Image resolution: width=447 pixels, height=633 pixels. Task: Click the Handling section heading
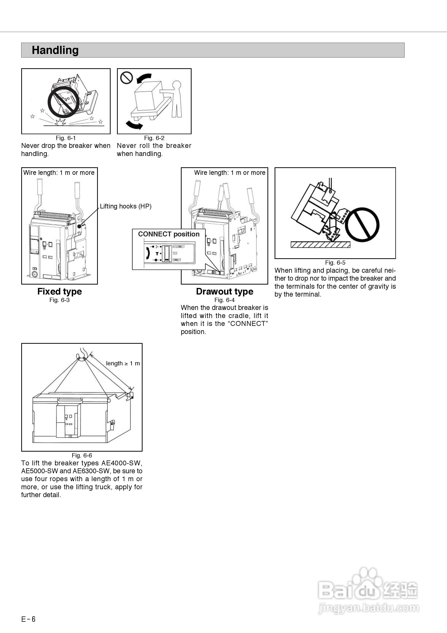tap(55, 50)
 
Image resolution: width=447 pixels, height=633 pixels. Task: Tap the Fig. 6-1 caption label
tap(66, 138)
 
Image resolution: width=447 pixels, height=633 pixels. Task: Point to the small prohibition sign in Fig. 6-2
tap(127, 78)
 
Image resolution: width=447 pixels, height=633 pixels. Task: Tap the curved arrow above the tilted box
tap(144, 78)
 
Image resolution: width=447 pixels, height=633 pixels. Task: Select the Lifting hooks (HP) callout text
tap(126, 206)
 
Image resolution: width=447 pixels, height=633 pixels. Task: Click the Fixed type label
tap(60, 292)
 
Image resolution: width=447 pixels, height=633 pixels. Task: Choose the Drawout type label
tap(225, 292)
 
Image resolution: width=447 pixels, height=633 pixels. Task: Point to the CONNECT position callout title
tap(169, 234)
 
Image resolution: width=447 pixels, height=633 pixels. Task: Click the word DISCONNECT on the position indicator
tap(179, 246)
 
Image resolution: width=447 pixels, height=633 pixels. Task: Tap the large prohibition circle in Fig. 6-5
tap(362, 225)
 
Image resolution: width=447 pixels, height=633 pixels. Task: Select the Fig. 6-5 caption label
tap(335, 262)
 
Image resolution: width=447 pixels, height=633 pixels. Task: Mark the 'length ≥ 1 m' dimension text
tap(123, 363)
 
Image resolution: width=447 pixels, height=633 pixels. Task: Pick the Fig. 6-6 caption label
tap(82, 455)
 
